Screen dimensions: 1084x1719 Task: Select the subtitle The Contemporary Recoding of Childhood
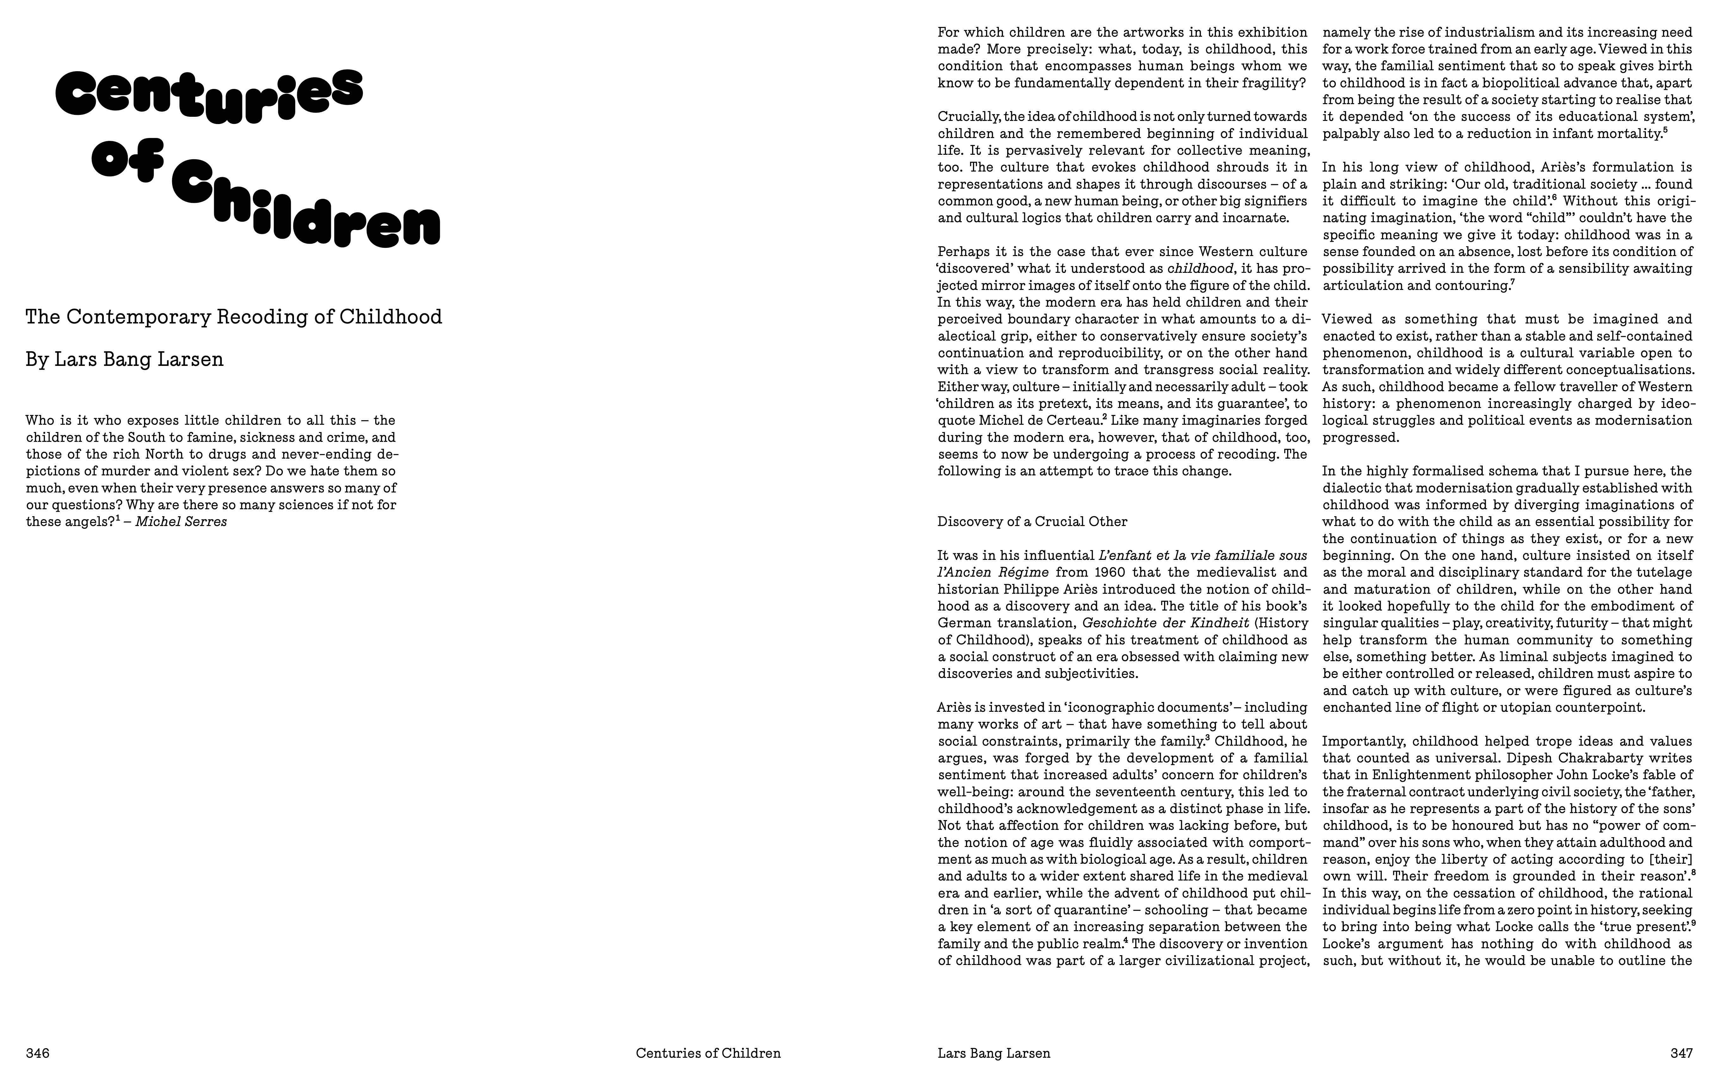[234, 317]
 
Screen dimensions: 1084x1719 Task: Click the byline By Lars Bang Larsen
[124, 359]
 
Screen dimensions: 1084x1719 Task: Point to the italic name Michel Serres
[181, 522]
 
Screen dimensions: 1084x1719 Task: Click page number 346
[38, 1053]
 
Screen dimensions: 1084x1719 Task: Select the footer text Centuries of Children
[708, 1053]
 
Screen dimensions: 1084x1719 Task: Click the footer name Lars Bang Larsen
[994, 1053]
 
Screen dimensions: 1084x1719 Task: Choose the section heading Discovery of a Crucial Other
[1032, 522]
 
